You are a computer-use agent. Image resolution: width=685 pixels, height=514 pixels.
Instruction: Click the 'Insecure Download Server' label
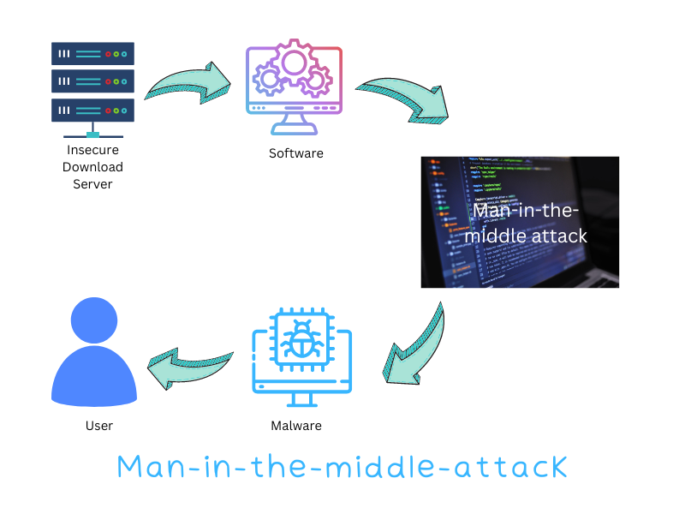pos(92,167)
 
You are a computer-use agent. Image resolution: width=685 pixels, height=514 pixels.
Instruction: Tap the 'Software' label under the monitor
pos(296,153)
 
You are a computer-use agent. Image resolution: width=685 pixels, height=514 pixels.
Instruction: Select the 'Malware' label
pos(296,425)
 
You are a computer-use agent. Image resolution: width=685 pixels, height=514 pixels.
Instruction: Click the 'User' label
pos(98,425)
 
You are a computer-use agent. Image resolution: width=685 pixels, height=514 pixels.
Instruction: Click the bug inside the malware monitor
pos(301,342)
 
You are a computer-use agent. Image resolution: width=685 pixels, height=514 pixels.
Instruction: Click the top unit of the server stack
pos(92,54)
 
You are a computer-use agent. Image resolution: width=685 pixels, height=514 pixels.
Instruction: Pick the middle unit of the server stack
pos(92,81)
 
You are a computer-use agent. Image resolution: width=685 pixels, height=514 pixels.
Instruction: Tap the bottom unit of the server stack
pos(92,110)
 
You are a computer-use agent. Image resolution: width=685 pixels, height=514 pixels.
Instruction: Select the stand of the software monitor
pos(294,125)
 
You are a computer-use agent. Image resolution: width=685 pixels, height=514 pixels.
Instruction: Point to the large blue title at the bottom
pos(342,467)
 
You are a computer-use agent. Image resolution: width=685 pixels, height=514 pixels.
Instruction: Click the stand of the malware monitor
pos(301,399)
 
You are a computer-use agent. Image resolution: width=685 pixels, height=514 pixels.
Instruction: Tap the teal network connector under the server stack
pos(92,133)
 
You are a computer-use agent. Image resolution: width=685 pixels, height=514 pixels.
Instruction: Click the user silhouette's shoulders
pos(94,377)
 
